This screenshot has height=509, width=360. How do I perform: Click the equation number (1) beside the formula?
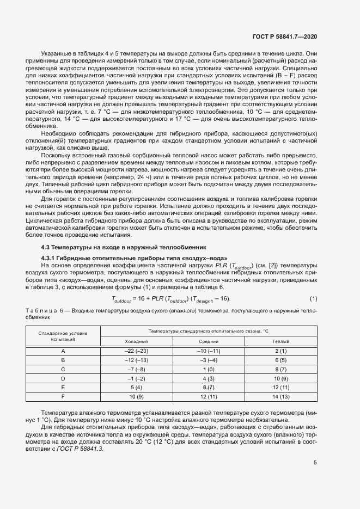tap(314, 298)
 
